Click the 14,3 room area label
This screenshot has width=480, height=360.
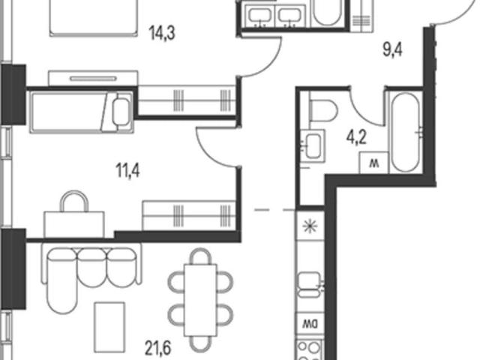(x=162, y=33)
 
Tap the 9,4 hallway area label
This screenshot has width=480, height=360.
(x=392, y=50)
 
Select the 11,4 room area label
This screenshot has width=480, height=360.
(x=127, y=170)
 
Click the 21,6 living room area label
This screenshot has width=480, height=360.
(x=158, y=348)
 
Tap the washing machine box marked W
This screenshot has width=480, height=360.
(x=373, y=163)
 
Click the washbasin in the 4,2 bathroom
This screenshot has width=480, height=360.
(x=313, y=146)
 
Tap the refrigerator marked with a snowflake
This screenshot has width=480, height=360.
(x=310, y=226)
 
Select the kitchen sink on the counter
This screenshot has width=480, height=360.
(x=310, y=285)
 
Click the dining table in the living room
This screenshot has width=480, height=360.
(x=200, y=300)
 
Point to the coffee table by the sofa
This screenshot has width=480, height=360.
(x=109, y=327)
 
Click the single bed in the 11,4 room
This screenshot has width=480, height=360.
(x=82, y=112)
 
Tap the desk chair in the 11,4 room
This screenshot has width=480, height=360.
(x=74, y=201)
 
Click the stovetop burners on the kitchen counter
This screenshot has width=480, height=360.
(x=309, y=350)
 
